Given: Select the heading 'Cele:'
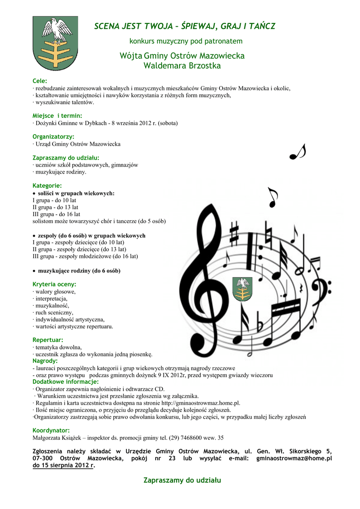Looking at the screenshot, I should click(x=40, y=81).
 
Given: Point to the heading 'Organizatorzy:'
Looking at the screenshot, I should click(x=53, y=136).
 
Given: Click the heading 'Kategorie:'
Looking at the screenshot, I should click(x=47, y=185).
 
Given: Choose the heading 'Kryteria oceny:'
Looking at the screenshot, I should click(x=54, y=284).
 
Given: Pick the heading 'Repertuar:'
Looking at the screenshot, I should click(x=48, y=339).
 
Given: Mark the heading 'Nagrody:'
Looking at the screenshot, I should click(x=45, y=360).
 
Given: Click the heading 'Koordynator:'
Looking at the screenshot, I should click(x=51, y=430).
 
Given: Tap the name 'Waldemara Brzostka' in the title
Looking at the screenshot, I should click(x=182, y=66).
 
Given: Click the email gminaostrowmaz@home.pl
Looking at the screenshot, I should click(x=293, y=458).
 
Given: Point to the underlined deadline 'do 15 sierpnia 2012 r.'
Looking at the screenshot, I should click(x=63, y=466).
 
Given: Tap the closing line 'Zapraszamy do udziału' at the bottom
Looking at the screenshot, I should click(x=182, y=480).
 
